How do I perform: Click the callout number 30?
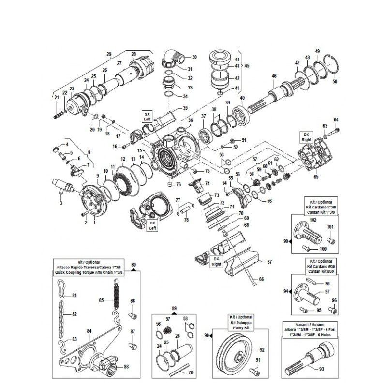pos(195,57)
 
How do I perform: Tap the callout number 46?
pos(274,76)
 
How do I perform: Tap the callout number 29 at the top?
pos(109,54)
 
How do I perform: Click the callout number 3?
pos(60,204)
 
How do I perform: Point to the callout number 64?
pos(336,119)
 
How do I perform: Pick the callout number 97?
pos(327,292)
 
